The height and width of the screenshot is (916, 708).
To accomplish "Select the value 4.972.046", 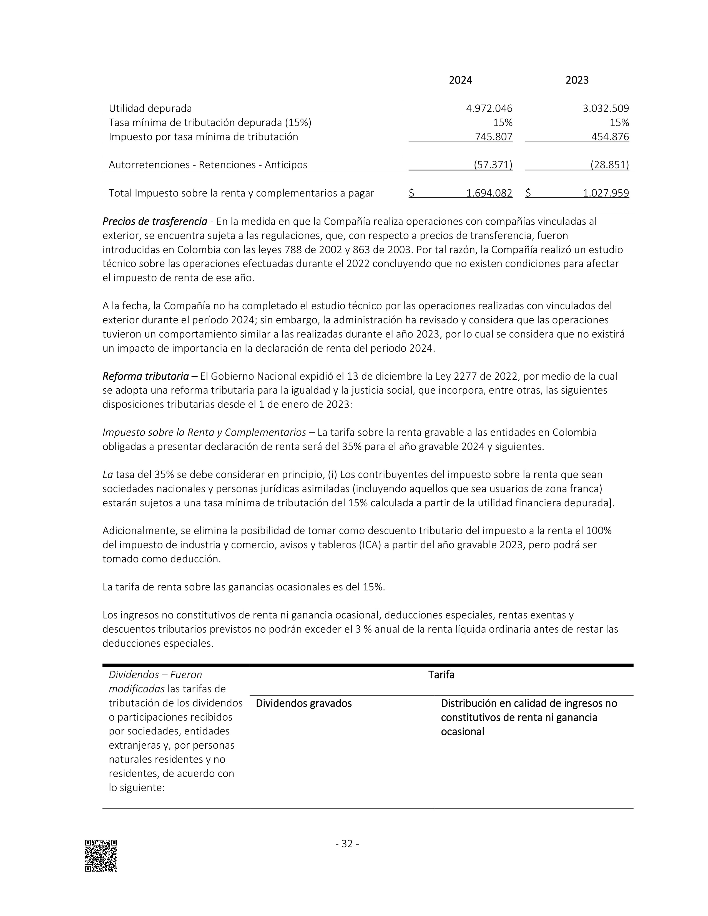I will pyautogui.click(x=489, y=109).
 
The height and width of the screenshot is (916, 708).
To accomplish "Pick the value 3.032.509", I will pyautogui.click(x=606, y=109).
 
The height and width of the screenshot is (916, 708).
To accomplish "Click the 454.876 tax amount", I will pyautogui.click(x=610, y=137).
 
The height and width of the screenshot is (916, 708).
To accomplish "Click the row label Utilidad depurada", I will pyautogui.click(x=150, y=109).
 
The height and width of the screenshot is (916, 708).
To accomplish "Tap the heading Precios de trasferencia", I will pyautogui.click(x=155, y=222).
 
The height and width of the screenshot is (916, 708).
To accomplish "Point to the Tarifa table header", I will pyautogui.click(x=441, y=675).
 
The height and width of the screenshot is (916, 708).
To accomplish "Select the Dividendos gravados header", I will pyautogui.click(x=304, y=703).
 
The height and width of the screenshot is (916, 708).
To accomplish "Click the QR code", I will pyautogui.click(x=101, y=855).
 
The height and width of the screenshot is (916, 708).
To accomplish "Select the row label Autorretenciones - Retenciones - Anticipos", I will pyautogui.click(x=208, y=165).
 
